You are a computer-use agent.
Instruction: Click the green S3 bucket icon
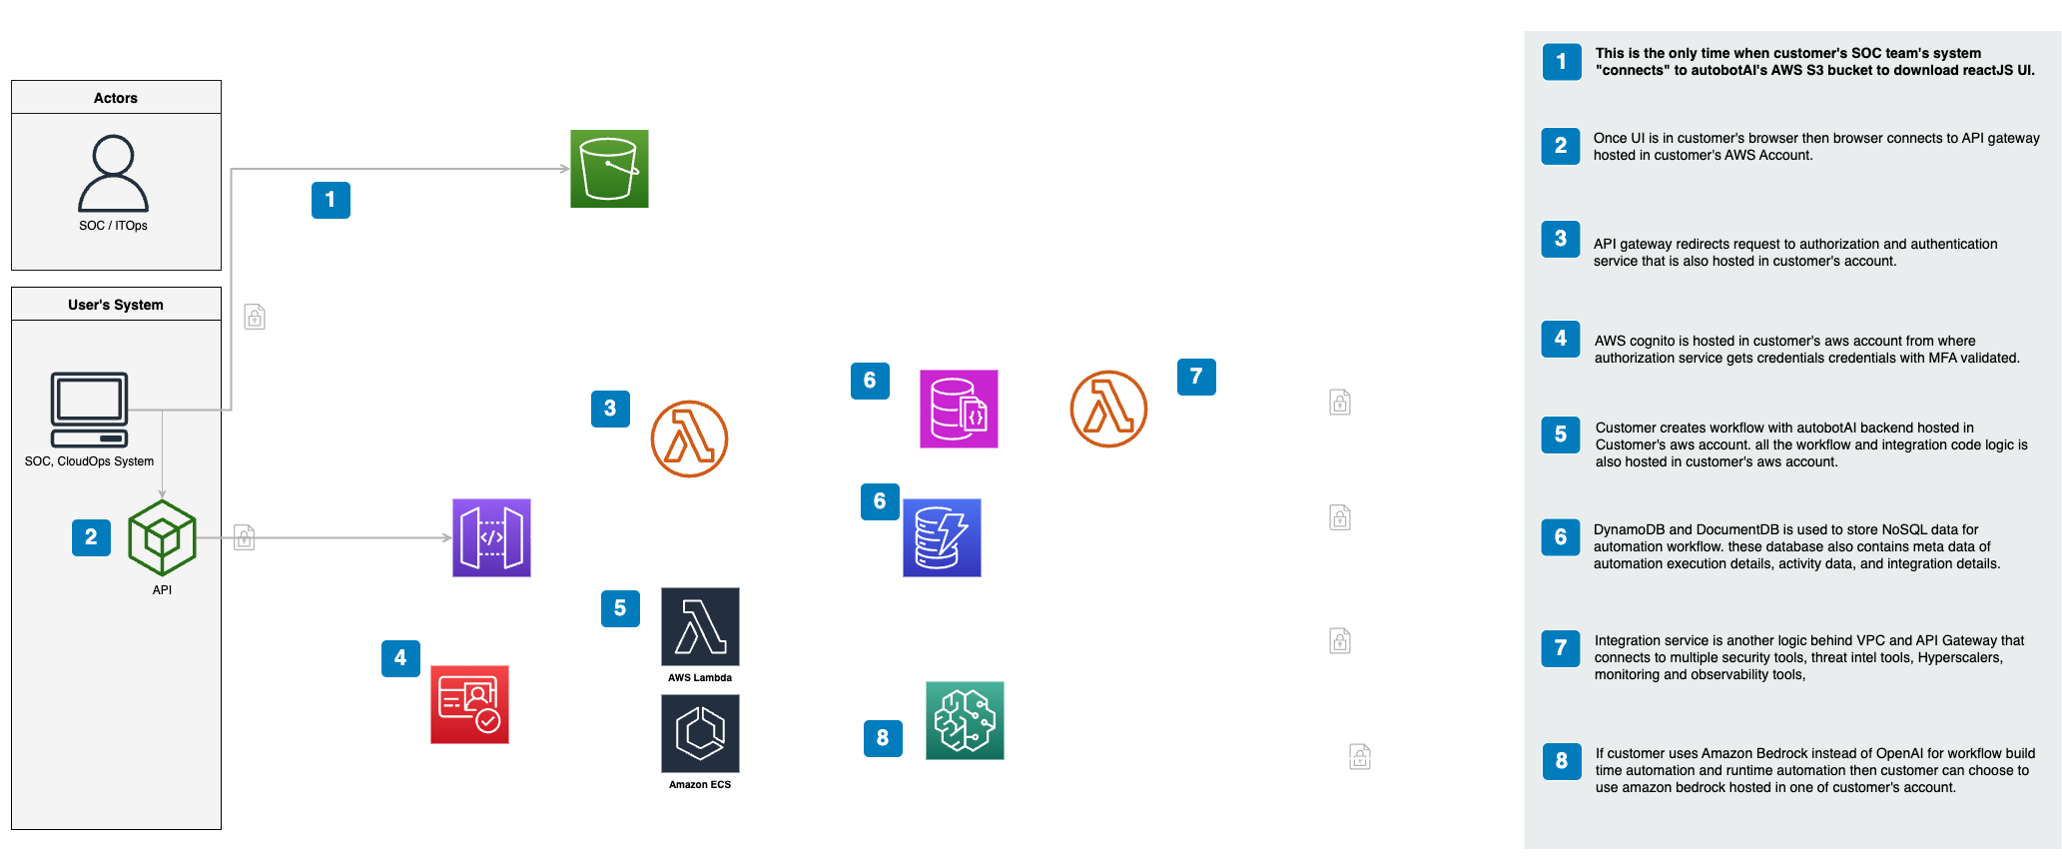coord(609,168)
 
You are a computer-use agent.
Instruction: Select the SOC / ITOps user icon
coord(113,174)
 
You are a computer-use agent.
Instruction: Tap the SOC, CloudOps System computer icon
coord(89,410)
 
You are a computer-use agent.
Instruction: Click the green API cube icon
coord(162,537)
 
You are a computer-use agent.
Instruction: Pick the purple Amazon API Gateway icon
coord(491,537)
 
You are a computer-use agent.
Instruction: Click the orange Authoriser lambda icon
coord(689,438)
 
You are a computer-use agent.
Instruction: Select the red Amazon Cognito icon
coord(469,705)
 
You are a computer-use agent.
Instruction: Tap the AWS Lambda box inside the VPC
coord(700,635)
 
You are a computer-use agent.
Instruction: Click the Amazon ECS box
coord(700,743)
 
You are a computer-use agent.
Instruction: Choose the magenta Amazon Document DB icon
coord(959,409)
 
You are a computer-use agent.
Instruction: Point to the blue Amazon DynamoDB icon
coord(942,537)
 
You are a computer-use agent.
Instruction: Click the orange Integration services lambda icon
coord(1108,409)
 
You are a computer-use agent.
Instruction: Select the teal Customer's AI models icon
coord(965,720)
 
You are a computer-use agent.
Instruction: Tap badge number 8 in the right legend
coord(1561,761)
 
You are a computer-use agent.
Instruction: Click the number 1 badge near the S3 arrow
coord(331,200)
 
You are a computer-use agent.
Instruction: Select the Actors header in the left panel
coord(116,98)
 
